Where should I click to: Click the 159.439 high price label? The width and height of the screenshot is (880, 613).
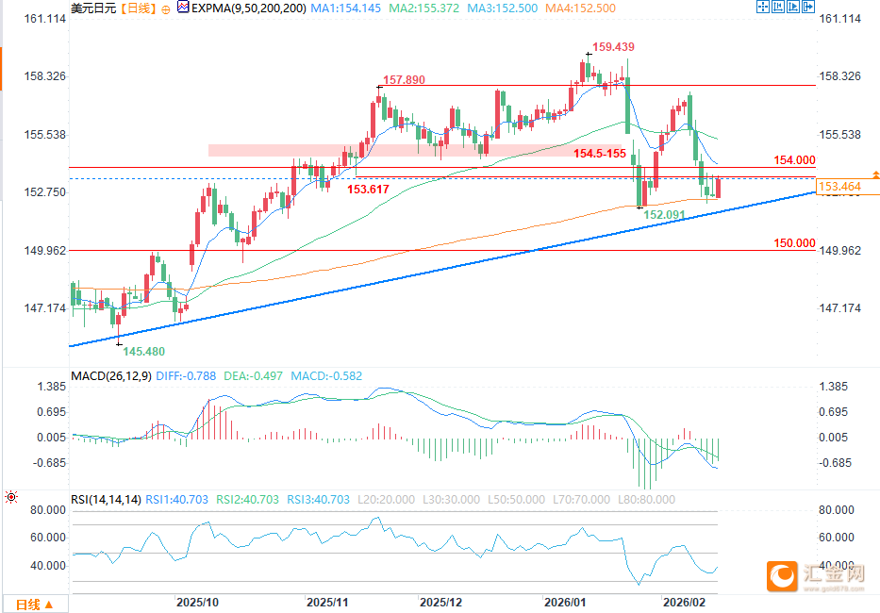(615, 46)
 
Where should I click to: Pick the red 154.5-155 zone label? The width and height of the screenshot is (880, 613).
(600, 153)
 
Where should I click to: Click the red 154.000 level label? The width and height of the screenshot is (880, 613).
(794, 160)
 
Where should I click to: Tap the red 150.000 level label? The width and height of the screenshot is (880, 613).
(794, 242)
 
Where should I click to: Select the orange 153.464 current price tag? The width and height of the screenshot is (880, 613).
(839, 188)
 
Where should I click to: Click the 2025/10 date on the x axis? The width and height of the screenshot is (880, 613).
(198, 601)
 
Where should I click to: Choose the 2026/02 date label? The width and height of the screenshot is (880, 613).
(685, 601)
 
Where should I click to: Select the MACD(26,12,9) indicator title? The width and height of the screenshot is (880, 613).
(109, 375)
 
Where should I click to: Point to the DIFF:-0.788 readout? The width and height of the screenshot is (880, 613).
(185, 375)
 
